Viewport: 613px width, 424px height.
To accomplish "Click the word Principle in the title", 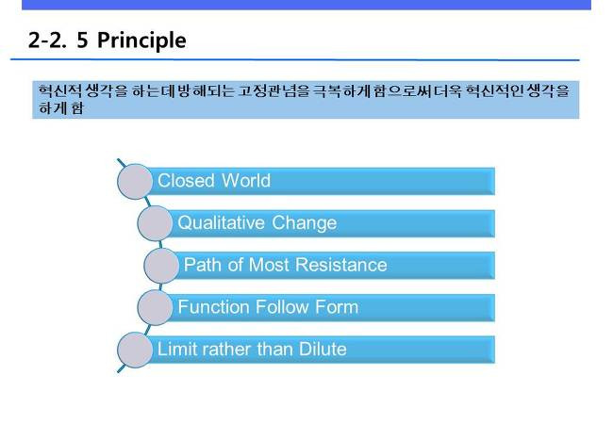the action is click(141, 41).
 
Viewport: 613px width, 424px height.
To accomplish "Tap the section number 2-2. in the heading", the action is click(47, 41).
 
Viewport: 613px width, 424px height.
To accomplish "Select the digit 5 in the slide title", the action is click(82, 41).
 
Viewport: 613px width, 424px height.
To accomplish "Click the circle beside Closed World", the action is click(135, 182).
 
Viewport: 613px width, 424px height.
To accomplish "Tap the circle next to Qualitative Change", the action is click(155, 223).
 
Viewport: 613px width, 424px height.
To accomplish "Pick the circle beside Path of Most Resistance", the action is click(161, 266).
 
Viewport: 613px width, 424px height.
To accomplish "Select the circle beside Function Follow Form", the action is click(155, 307).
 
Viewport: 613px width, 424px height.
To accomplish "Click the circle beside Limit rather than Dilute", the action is click(135, 350).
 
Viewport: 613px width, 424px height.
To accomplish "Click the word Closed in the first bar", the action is click(186, 181).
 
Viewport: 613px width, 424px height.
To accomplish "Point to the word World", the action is click(246, 181).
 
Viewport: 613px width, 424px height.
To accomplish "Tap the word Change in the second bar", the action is click(305, 223).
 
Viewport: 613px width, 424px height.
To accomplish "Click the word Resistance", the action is click(341, 265).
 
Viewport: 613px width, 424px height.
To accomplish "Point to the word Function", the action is click(214, 307).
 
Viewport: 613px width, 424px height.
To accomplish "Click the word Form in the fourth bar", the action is click(337, 307).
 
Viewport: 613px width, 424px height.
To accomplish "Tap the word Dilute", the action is click(323, 349).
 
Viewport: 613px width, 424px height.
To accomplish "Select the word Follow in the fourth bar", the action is click(282, 307).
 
